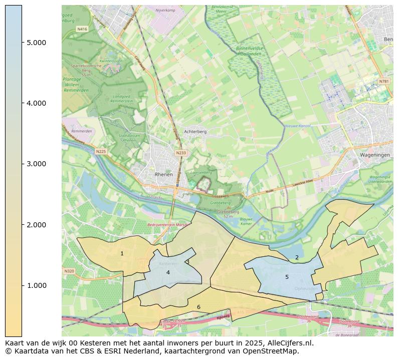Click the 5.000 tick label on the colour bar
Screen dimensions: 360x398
[x=36, y=43]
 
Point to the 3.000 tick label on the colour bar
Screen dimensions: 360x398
[x=36, y=164]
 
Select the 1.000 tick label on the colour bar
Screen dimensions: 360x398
[x=36, y=285]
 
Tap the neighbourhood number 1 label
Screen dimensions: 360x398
[x=122, y=254]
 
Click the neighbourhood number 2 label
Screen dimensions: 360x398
[x=297, y=257]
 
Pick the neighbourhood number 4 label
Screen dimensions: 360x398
[x=168, y=272]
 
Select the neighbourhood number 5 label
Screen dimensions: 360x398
[x=287, y=277]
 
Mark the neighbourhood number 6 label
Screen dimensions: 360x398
[x=198, y=307]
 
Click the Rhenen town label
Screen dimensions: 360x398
[x=164, y=175]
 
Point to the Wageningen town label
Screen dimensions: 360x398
[x=374, y=155]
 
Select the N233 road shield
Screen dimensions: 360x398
[x=181, y=153]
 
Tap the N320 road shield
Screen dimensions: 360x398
[x=69, y=271]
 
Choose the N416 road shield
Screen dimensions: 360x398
[x=82, y=30]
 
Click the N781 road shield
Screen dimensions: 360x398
[x=383, y=81]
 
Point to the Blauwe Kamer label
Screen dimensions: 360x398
[x=246, y=221]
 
